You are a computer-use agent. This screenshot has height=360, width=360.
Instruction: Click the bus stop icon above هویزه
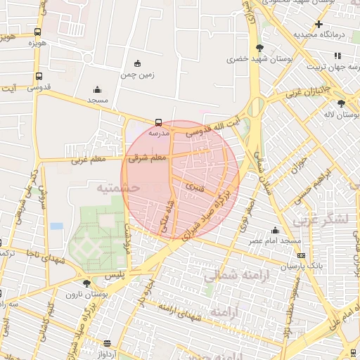click(37, 32)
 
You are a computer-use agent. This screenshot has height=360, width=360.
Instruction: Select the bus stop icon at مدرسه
click(157, 122)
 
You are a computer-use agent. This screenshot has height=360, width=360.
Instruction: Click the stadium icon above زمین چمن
click(136, 63)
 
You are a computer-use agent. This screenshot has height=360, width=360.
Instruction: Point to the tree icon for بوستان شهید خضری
click(260, 48)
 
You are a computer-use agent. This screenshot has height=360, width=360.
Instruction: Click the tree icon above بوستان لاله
click(341, 103)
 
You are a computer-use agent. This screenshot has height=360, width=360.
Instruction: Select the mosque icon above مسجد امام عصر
click(275, 230)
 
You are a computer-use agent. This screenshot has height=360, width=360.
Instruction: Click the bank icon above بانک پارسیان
click(302, 255)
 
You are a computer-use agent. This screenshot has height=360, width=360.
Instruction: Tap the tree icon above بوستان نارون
click(86, 283)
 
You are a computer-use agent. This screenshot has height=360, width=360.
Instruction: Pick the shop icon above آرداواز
click(107, 343)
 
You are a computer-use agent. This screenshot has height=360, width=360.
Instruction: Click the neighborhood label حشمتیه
click(118, 188)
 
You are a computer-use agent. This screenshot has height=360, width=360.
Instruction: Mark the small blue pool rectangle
click(57, 226)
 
